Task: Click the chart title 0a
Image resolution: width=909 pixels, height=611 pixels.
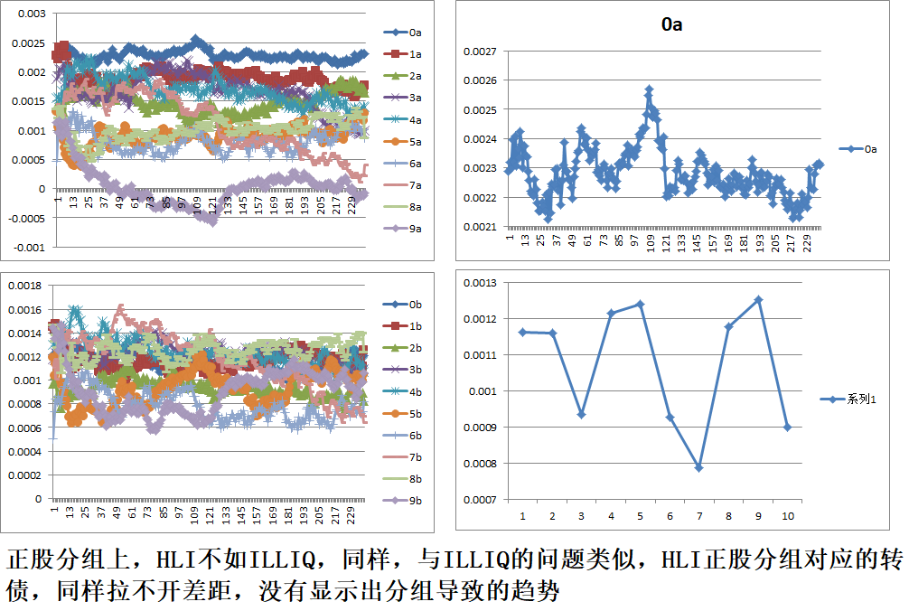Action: tap(671, 25)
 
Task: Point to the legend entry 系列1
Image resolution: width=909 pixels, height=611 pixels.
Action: tap(860, 399)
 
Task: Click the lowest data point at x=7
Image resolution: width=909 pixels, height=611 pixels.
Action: tap(698, 467)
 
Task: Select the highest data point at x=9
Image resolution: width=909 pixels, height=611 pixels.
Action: tap(758, 299)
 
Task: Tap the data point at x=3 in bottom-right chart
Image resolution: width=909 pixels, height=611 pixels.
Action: tap(581, 414)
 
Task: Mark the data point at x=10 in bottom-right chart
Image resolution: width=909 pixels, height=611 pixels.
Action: tap(787, 428)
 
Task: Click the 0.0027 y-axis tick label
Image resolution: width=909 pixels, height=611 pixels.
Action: tap(480, 52)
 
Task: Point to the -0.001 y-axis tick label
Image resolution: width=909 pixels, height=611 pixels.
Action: tap(27, 247)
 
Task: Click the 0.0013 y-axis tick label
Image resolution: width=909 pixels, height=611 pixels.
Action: tap(480, 283)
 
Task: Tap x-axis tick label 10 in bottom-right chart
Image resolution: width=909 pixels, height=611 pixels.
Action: tap(787, 515)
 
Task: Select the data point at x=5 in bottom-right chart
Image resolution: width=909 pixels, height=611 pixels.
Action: tap(640, 304)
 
